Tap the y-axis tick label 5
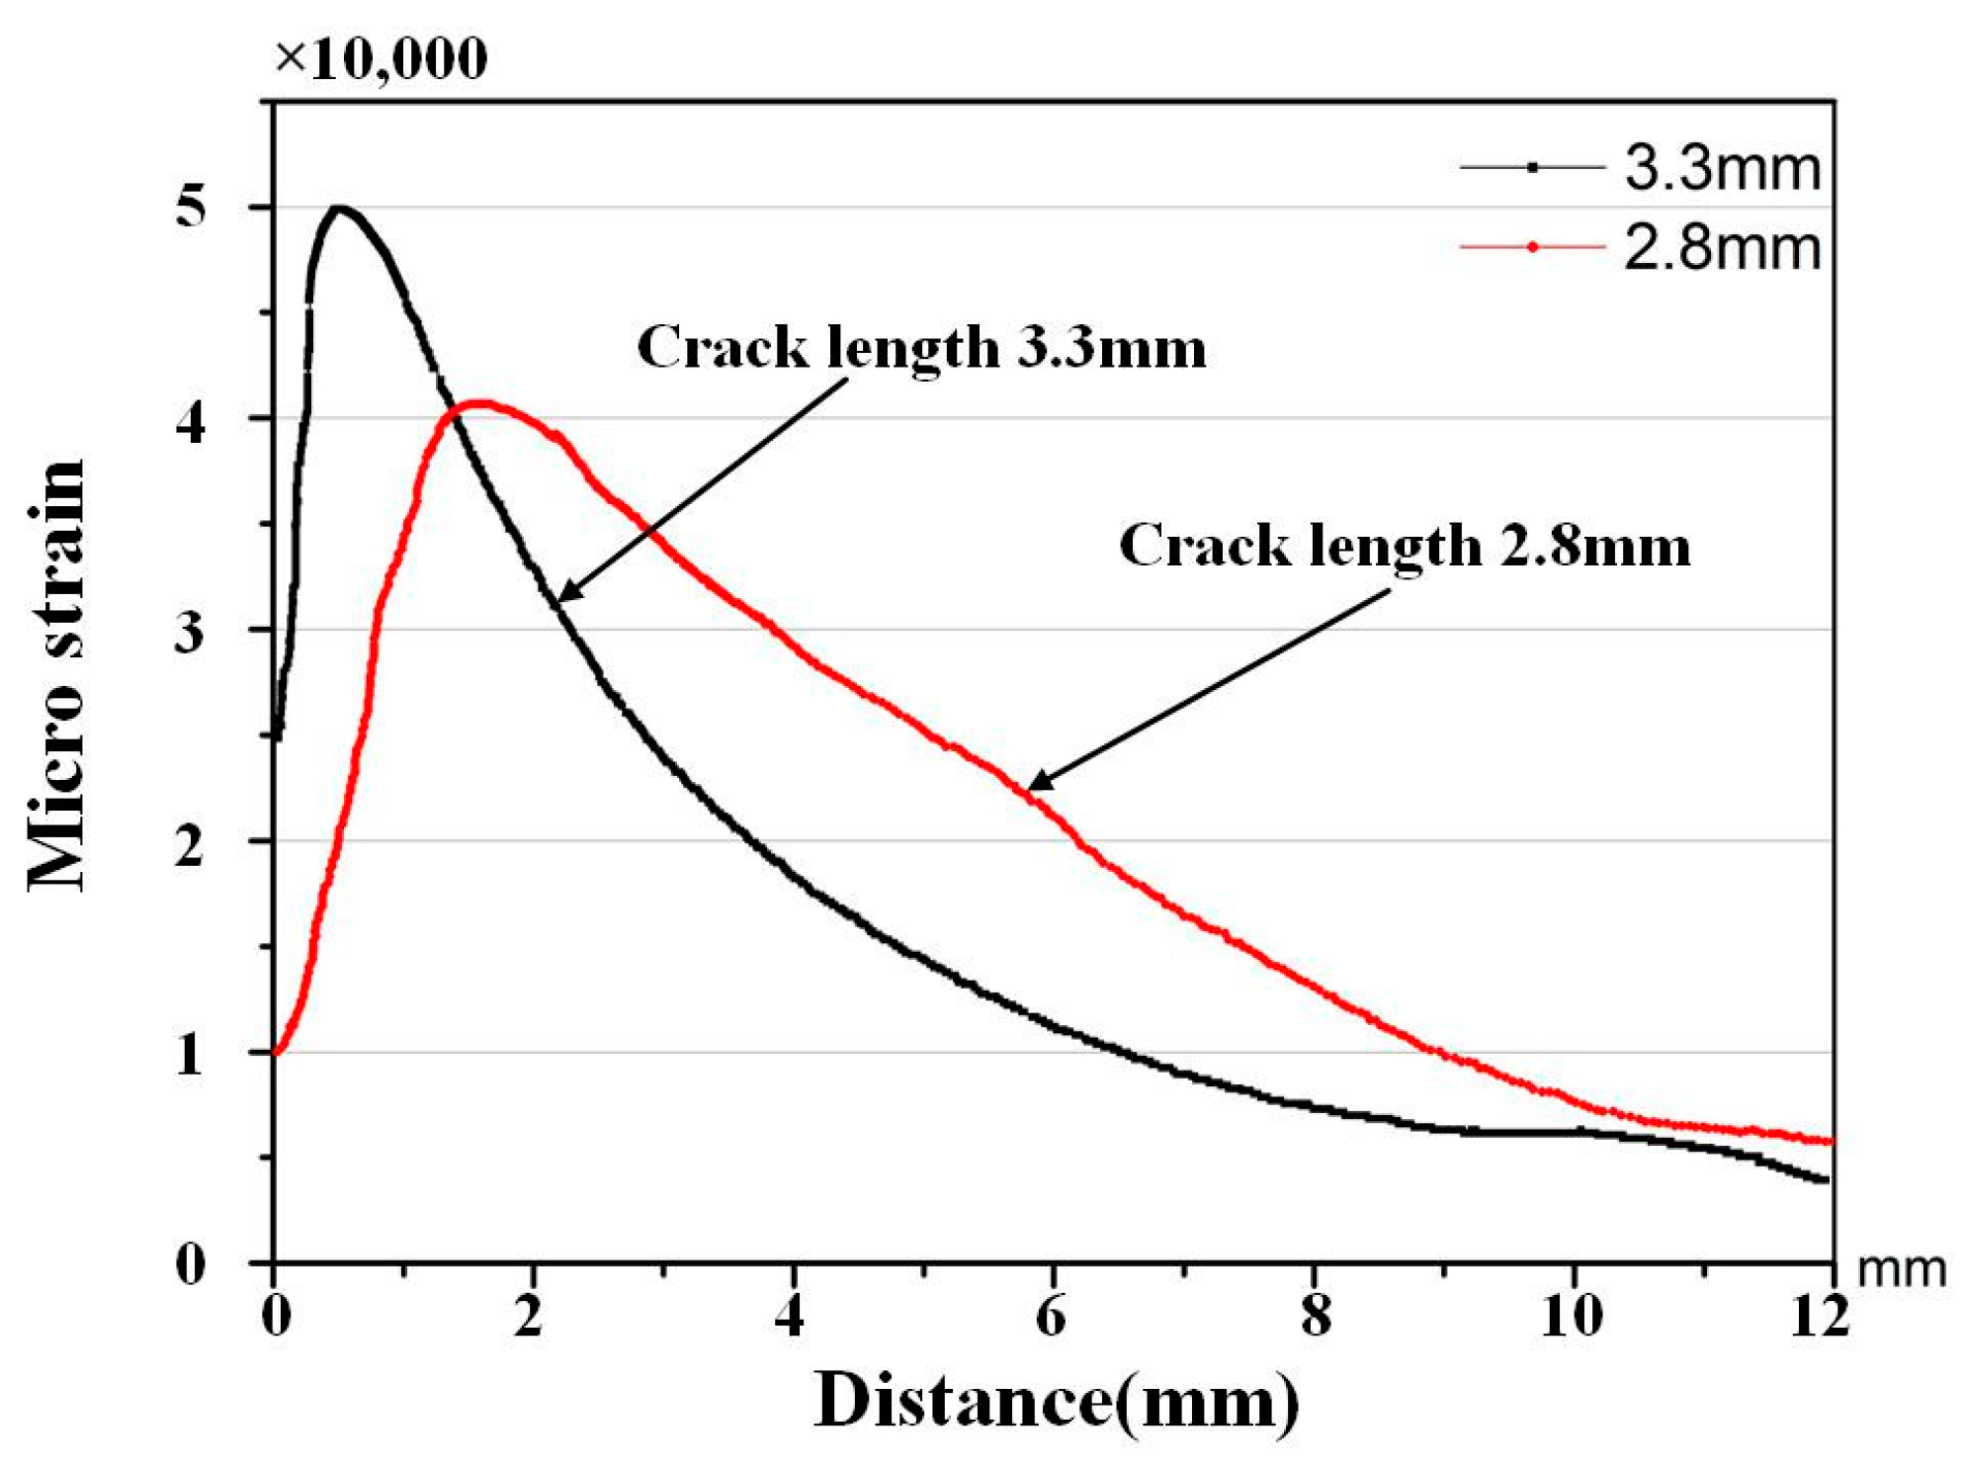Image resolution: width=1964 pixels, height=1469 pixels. (x=190, y=208)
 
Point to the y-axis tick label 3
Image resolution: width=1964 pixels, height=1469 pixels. (x=190, y=631)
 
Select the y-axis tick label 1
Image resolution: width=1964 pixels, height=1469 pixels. (x=190, y=1054)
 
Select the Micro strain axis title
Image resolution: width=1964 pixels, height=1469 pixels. (x=57, y=677)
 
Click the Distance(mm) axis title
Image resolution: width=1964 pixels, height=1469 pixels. (x=1056, y=1402)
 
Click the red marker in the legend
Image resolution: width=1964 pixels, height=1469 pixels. (x=1532, y=247)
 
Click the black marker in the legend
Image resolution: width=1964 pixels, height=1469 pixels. (x=1532, y=168)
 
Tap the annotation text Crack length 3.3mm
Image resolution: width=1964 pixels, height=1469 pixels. (x=921, y=348)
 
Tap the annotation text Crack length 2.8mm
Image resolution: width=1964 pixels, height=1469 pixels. (x=1404, y=546)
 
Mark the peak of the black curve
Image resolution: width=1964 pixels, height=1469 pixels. (x=339, y=208)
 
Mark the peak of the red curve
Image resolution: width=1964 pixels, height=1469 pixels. (x=479, y=402)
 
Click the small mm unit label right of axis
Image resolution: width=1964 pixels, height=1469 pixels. (x=1902, y=1268)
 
